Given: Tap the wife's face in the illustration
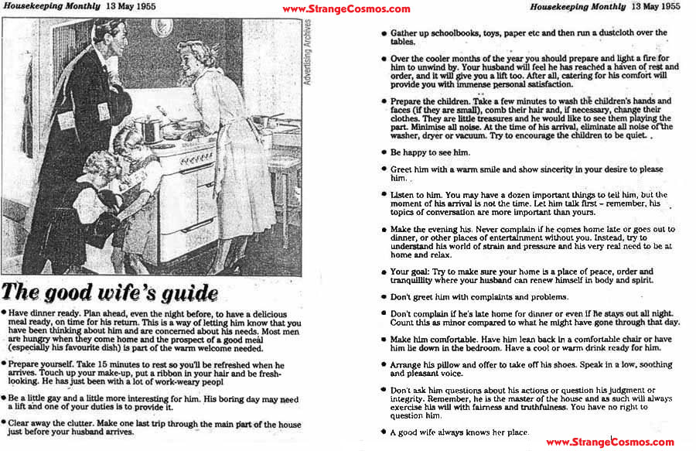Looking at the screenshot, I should click(190, 58).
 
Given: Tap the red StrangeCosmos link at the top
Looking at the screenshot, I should click(346, 9).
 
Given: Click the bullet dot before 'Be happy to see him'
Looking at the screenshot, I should click(384, 152).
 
